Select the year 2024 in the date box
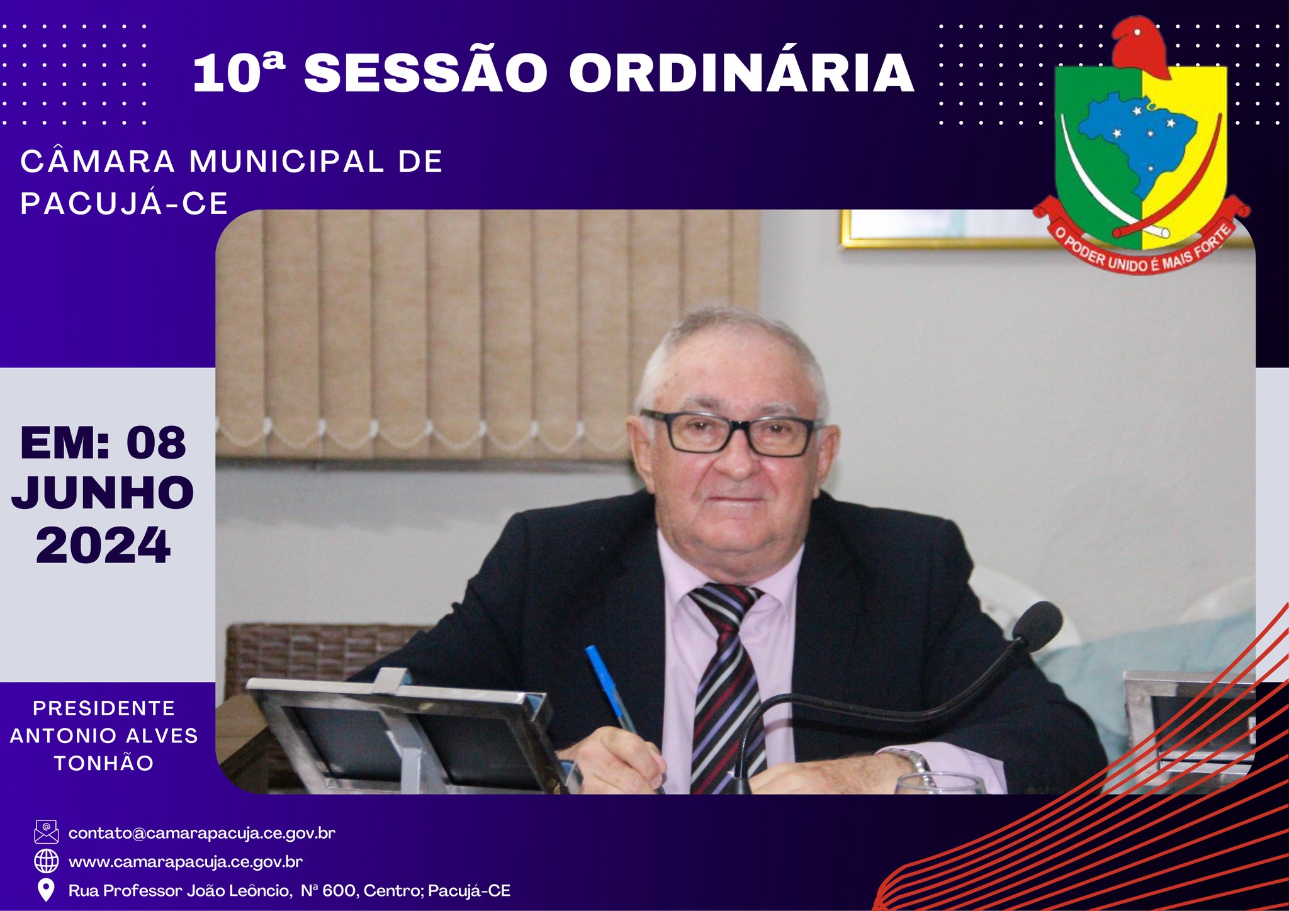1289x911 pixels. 103,545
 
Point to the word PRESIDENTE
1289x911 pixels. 104,708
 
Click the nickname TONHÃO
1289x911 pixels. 104,763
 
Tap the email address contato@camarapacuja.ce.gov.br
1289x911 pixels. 201,833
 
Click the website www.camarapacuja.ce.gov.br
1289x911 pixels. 186,861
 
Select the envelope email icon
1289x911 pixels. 46,832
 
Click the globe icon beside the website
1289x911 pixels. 46,861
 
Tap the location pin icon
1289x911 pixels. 46,890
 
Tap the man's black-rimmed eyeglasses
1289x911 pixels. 730,433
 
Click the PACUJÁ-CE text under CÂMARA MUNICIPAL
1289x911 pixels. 124,203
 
